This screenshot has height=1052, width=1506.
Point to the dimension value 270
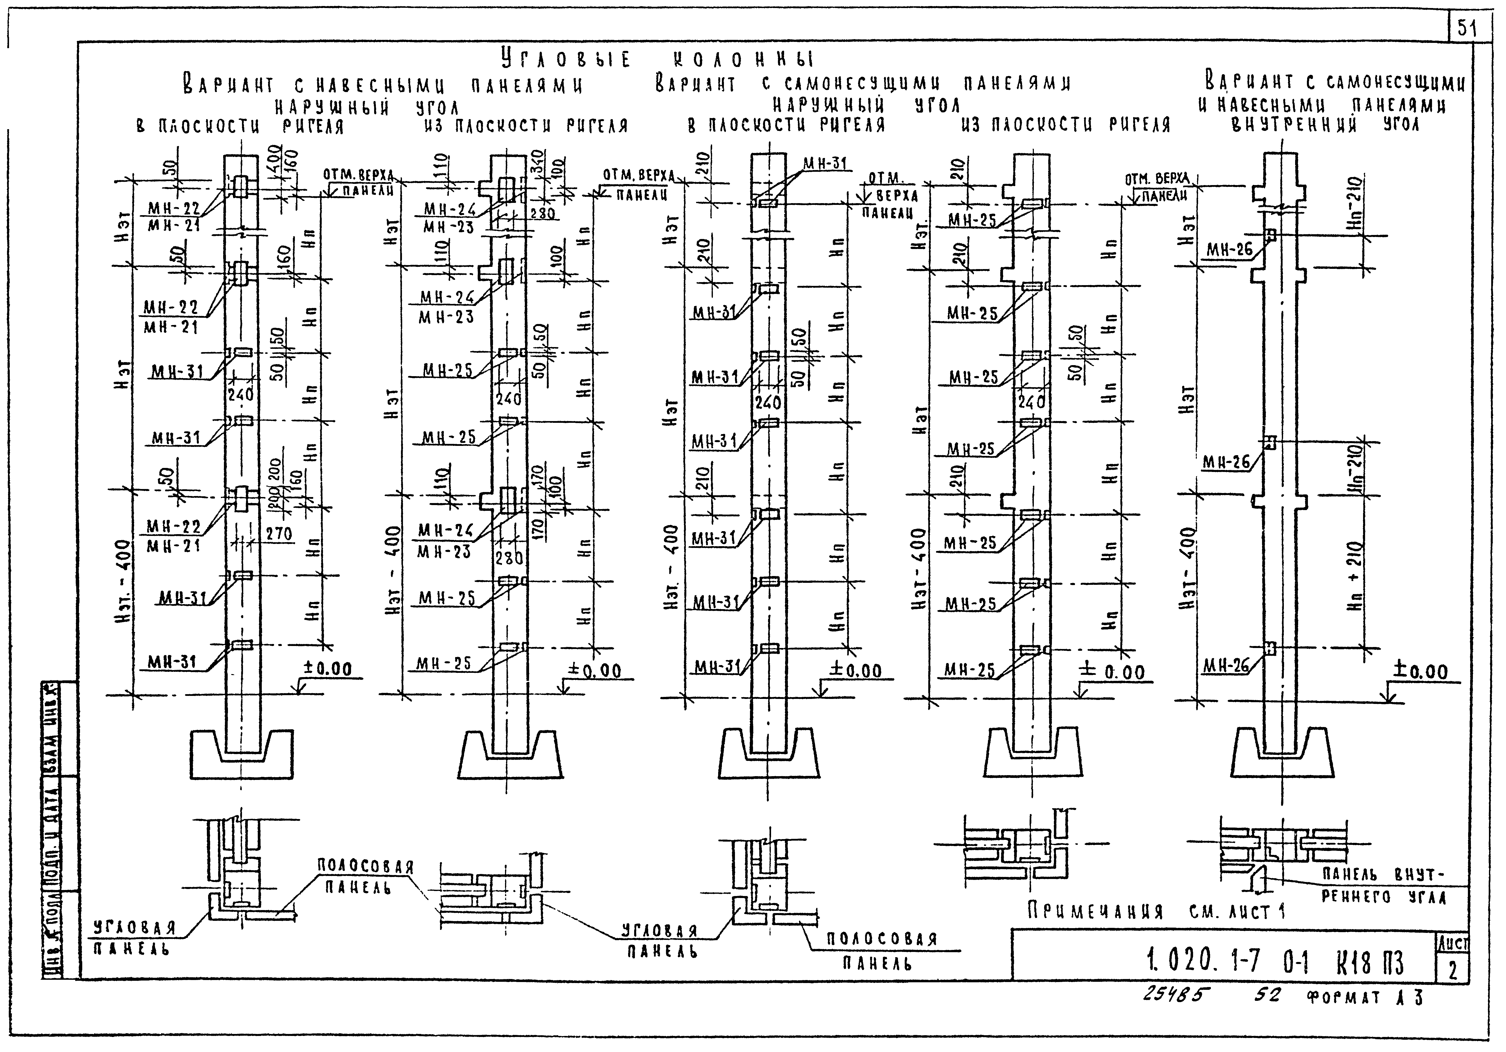click(x=279, y=534)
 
